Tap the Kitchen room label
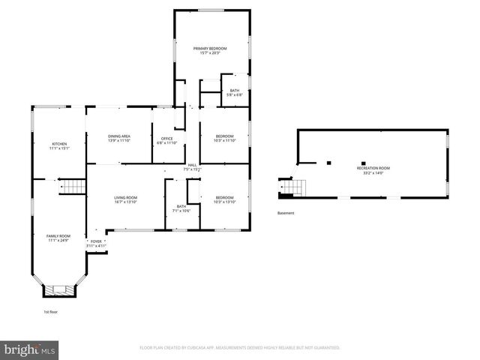click(59, 145)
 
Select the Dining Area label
click(119, 138)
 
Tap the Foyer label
click(96, 243)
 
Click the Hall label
click(193, 166)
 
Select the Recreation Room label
click(373, 169)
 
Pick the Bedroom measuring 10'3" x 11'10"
click(224, 138)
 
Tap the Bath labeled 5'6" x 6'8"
click(235, 93)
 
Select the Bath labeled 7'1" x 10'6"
click(181, 208)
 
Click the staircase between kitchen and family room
click(73, 186)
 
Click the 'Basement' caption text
click(286, 213)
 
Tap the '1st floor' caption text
click(49, 311)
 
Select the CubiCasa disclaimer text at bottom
click(240, 348)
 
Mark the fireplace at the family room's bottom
click(58, 289)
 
